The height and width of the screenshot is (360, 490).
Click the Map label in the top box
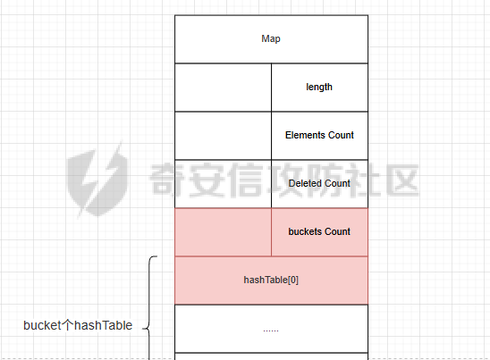pos(271,39)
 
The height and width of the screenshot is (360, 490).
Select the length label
pos(319,88)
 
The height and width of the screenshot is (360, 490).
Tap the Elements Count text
pos(319,135)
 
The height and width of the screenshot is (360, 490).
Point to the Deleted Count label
pos(319,183)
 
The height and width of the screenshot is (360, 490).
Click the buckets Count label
pos(319,231)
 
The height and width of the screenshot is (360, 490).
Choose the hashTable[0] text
pos(271,280)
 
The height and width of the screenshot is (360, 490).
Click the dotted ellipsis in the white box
pos(271,330)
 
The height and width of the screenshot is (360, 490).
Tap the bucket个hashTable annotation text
pos(78,325)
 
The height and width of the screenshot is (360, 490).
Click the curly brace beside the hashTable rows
pos(149,307)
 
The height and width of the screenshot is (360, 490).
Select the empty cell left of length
pos(224,88)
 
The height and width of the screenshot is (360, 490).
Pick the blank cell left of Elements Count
pos(224,136)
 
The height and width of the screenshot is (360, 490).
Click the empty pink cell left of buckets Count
pos(224,232)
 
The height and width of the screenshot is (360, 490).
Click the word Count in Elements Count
pos(341,135)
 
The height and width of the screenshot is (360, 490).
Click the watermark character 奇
pos(167,180)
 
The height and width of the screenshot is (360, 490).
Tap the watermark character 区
pos(401,180)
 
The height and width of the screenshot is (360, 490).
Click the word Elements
pos(305,135)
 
